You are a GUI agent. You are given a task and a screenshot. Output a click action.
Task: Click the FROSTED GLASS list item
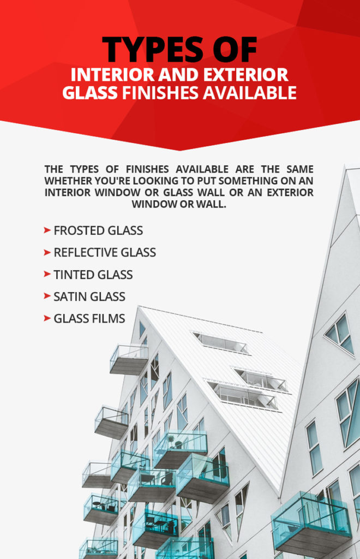tap(98, 230)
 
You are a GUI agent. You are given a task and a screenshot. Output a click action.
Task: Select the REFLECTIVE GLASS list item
tap(105, 252)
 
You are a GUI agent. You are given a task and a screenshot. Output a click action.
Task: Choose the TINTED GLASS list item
tap(93, 275)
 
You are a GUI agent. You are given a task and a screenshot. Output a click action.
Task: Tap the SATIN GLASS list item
tap(89, 296)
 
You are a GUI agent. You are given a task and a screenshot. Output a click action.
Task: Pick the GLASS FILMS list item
tap(89, 318)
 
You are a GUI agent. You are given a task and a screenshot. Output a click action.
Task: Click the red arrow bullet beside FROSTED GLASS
tap(47, 230)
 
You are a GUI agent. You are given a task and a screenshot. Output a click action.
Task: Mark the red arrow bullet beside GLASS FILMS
tap(47, 318)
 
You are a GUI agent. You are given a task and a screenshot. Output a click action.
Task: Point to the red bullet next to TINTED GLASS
tap(47, 275)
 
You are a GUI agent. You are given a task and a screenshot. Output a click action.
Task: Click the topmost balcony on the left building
tap(129, 359)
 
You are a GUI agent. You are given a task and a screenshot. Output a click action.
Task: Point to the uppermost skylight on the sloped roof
tap(220, 342)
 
